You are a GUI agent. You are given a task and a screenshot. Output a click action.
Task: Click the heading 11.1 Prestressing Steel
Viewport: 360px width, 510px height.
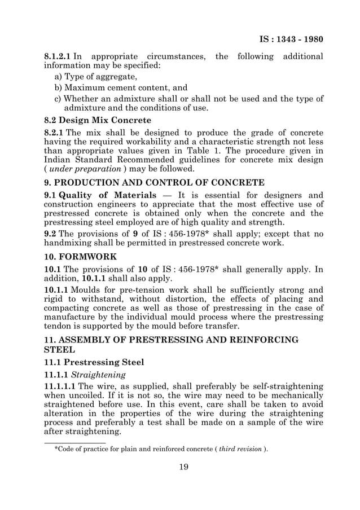(x=94, y=362)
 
